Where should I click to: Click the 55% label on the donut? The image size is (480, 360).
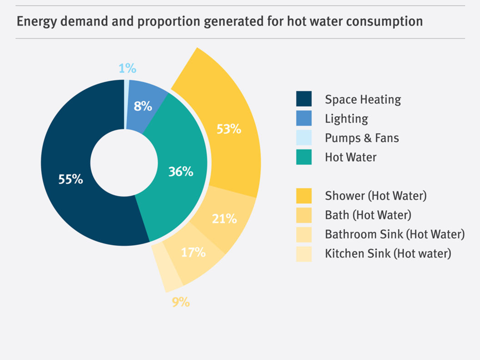pyautogui.click(x=70, y=179)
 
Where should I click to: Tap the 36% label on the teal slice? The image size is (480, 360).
pyautogui.click(x=180, y=172)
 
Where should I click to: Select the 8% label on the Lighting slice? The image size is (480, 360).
pyautogui.click(x=142, y=106)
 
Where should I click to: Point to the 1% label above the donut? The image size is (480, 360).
pyautogui.click(x=127, y=68)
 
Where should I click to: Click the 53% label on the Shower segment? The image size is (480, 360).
pyautogui.click(x=229, y=129)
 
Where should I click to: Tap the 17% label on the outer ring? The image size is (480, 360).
pyautogui.click(x=193, y=252)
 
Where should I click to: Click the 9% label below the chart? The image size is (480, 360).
pyautogui.click(x=180, y=302)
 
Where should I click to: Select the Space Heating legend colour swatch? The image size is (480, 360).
pyautogui.click(x=303, y=99)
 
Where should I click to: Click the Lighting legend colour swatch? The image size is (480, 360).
pyautogui.click(x=303, y=118)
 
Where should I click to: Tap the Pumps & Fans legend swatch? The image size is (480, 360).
pyautogui.click(x=303, y=137)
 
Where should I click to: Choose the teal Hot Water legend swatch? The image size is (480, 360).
pyautogui.click(x=303, y=157)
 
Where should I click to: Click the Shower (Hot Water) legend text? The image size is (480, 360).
pyautogui.click(x=375, y=195)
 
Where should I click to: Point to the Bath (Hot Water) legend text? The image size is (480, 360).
pyautogui.click(x=367, y=215)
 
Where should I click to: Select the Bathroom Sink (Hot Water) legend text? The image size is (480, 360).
pyautogui.click(x=394, y=234)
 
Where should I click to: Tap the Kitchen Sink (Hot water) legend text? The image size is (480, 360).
pyautogui.click(x=388, y=253)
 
